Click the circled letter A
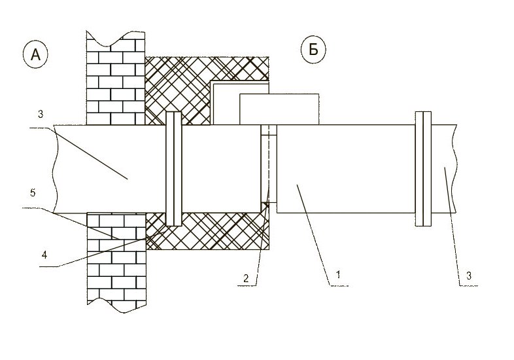pyautogui.click(x=35, y=55)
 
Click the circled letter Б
pyautogui.click(x=313, y=50)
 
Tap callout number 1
pyautogui.click(x=338, y=274)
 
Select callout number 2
pyautogui.click(x=246, y=279)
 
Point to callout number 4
pyautogui.click(x=44, y=255)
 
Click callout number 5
pyautogui.click(x=33, y=192)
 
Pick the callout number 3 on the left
pyautogui.click(x=40, y=114)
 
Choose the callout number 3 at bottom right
pyautogui.click(x=469, y=276)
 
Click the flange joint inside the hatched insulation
pyautogui.click(x=174, y=169)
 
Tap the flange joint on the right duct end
pyautogui.click(x=423, y=169)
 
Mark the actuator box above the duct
pyautogui.click(x=279, y=109)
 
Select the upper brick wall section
pyautogui.click(x=116, y=78)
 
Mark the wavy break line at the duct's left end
pyautogui.click(x=56, y=169)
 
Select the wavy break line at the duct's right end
pyautogui.click(x=454, y=169)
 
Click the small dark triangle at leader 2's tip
pyautogui.click(x=267, y=206)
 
